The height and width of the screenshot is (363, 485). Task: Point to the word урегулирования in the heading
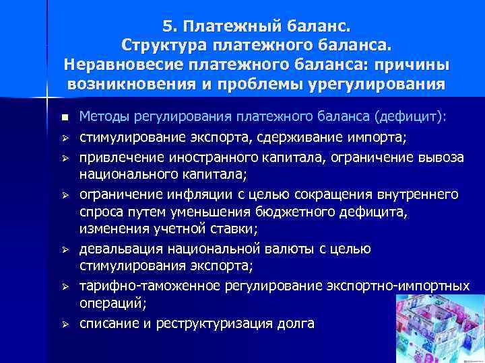coord(377,85)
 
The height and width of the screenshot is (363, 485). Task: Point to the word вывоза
coord(436,157)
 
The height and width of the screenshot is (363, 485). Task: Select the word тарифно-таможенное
coord(147,286)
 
